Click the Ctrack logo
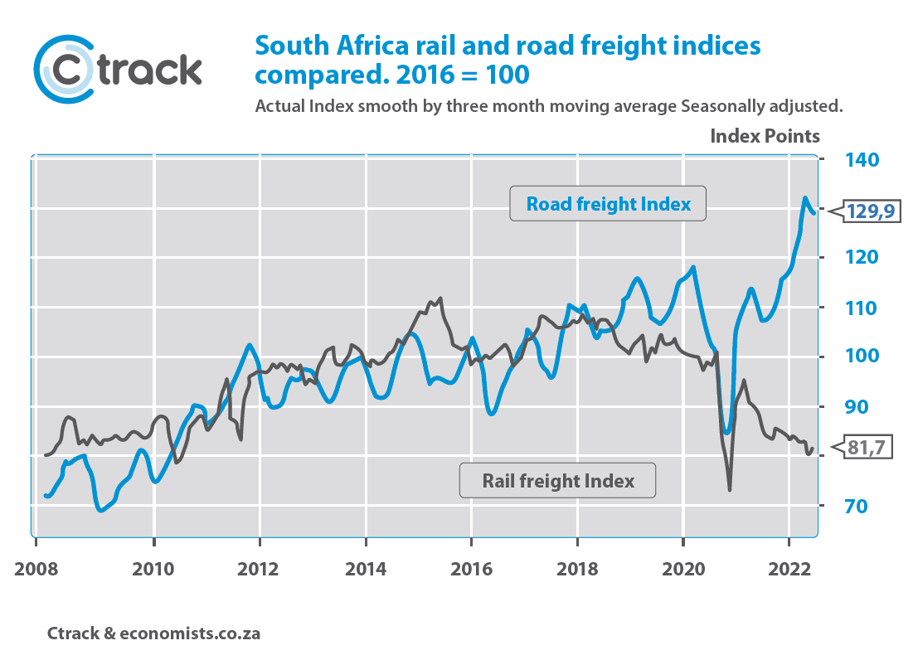coord(118,69)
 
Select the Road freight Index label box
coord(608,204)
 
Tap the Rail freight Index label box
coord(557,481)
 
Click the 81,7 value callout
coord(862,448)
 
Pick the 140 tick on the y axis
coord(862,160)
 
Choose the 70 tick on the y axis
coord(856,506)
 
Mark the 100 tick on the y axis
coord(862,356)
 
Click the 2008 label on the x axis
coord(36,569)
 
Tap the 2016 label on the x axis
coord(471,569)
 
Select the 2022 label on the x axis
coord(789,569)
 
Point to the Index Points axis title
coord(765,136)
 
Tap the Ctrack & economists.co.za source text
coord(153,633)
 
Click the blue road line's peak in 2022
coord(805,198)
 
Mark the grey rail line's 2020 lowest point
coord(730,490)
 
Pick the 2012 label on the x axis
coord(258,569)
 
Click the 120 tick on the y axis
coord(862,257)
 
